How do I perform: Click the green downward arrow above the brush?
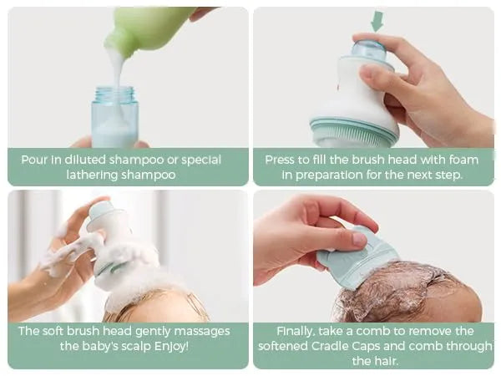click(377, 21)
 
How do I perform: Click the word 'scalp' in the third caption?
click(131, 346)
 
